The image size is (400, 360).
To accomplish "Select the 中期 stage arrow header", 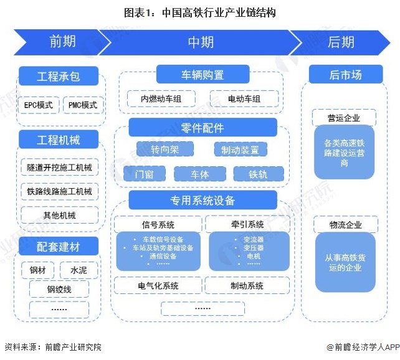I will (x=201, y=42).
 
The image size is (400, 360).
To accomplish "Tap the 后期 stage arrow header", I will (x=341, y=42).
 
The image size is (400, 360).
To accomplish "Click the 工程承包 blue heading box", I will (x=59, y=77).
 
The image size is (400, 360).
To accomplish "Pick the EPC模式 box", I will (x=39, y=105).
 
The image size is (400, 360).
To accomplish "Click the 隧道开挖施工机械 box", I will (x=59, y=167).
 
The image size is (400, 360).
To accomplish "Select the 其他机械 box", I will (x=59, y=215).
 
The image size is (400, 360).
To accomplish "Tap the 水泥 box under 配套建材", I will (x=79, y=270).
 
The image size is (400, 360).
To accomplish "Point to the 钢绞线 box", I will (x=59, y=289).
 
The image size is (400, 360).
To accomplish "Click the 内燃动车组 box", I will (x=161, y=98).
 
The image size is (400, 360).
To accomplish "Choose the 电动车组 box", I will (x=244, y=98).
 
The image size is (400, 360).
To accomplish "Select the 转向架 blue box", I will (x=164, y=149).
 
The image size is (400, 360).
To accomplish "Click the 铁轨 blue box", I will (x=258, y=174).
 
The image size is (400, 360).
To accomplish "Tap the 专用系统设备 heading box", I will (x=202, y=200).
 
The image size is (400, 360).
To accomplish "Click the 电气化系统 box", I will (x=158, y=286).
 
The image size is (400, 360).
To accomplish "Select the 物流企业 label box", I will (x=345, y=224).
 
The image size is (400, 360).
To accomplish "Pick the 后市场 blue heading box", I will (x=345, y=75).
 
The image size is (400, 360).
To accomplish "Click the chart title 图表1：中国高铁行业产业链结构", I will (x=200, y=12).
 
